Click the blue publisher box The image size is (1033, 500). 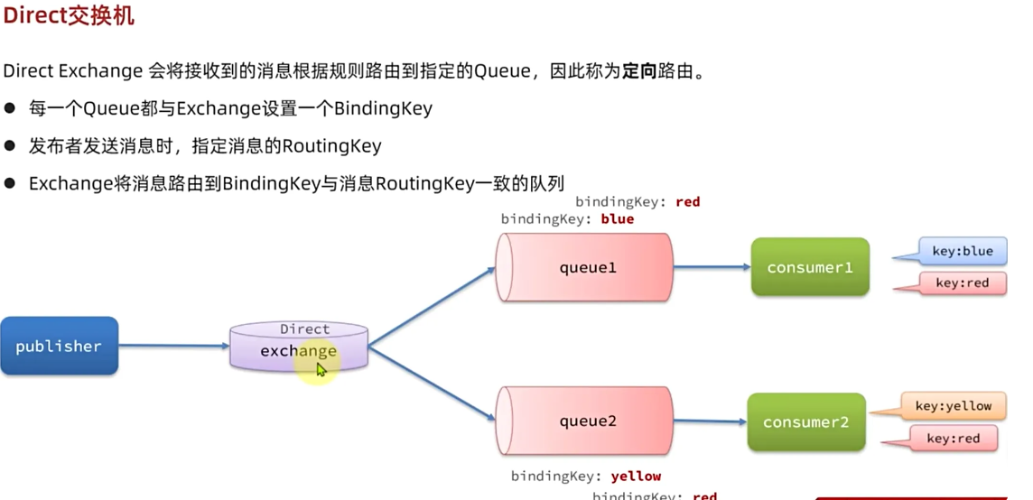(59, 346)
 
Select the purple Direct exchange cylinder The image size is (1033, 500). (298, 347)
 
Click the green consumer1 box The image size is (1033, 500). (809, 267)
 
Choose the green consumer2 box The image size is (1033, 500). (805, 422)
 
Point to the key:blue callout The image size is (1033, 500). (963, 251)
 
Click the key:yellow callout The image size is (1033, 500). (953, 406)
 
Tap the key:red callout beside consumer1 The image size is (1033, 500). (962, 283)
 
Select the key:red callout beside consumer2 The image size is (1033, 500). (952, 439)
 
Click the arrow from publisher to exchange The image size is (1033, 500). (173, 346)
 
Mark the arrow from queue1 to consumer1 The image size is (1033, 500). (712, 267)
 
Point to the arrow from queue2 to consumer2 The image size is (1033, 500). (710, 421)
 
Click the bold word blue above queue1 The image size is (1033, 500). (617, 218)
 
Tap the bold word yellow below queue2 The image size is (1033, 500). (636, 476)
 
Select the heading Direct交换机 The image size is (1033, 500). (69, 16)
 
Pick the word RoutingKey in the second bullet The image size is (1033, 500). (332, 145)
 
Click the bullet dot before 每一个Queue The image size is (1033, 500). (11, 108)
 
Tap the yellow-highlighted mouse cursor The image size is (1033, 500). (321, 369)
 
